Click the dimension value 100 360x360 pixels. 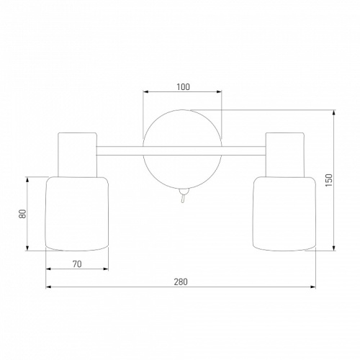pyautogui.click(x=183, y=87)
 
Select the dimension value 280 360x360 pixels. pyautogui.click(x=181, y=282)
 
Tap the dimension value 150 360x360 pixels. pyautogui.click(x=329, y=180)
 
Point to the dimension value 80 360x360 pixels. pyautogui.click(x=22, y=214)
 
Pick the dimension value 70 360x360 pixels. pyautogui.click(x=77, y=264)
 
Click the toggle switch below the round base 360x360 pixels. pyautogui.click(x=184, y=195)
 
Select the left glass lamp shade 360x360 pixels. pyautogui.click(x=77, y=214)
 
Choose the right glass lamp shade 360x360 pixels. pyautogui.click(x=284, y=214)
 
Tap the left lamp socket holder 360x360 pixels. pyautogui.click(x=77, y=155)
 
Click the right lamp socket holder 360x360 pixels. pyautogui.click(x=285, y=155)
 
